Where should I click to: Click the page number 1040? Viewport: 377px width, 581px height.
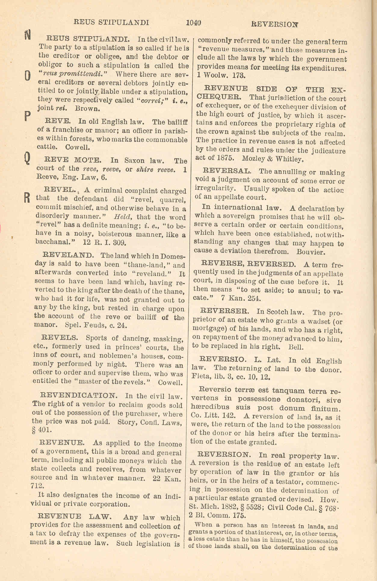click(193, 23)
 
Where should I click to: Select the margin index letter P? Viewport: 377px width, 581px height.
click(27, 116)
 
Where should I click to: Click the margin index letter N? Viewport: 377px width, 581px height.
click(27, 35)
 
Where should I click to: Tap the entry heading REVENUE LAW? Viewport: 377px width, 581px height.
click(74, 517)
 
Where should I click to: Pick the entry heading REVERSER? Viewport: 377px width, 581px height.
click(224, 311)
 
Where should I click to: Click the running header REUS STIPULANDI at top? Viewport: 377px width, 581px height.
click(112, 22)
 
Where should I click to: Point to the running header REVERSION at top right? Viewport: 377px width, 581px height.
click(274, 24)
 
